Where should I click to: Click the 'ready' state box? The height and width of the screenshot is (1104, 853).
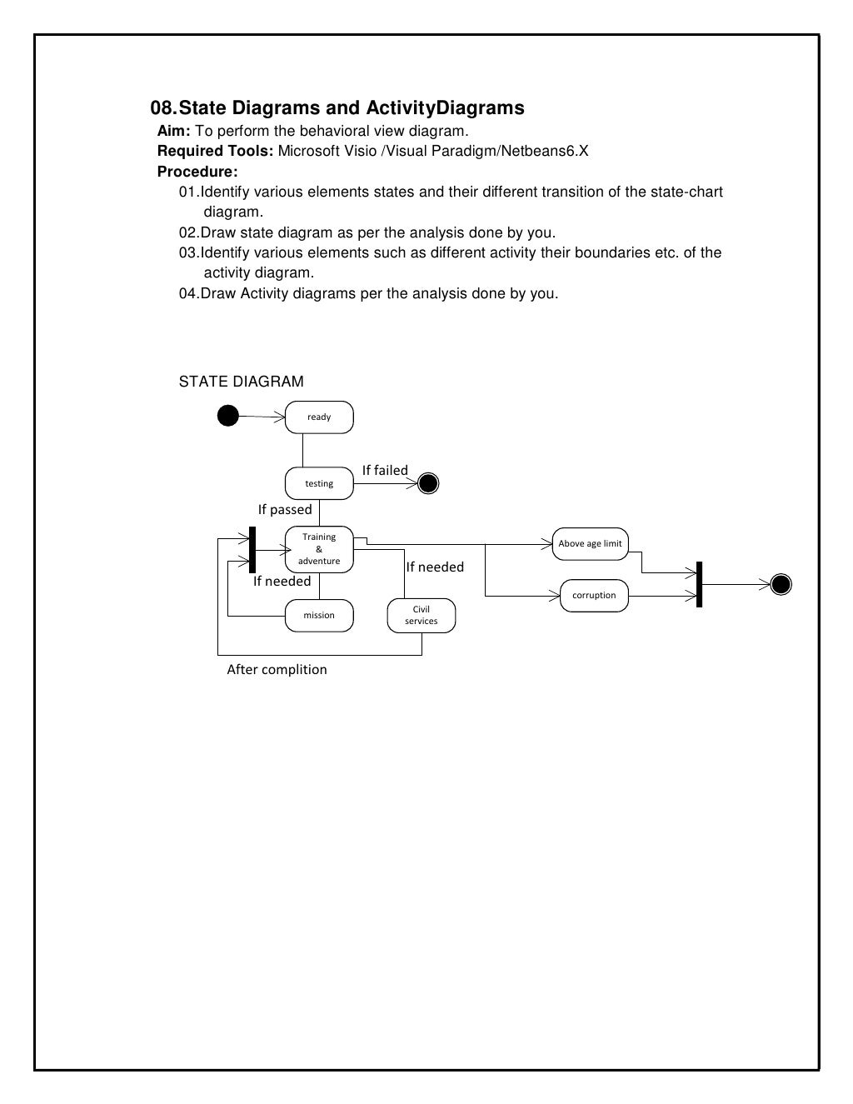point(319,417)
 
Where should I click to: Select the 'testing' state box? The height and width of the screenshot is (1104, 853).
point(319,483)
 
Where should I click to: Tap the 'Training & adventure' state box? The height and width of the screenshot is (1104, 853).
point(319,549)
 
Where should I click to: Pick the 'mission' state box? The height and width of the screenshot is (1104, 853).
point(319,616)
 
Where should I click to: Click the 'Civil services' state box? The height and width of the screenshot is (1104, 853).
point(422,616)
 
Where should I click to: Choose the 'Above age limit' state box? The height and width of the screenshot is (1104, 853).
point(590,544)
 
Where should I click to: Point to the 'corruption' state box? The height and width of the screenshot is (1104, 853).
point(594,596)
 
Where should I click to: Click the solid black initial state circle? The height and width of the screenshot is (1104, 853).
point(228,415)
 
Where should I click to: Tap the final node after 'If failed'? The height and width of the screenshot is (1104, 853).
point(428,483)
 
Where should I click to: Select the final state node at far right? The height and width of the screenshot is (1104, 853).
point(781,585)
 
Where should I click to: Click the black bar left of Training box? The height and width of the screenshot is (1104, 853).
point(252,550)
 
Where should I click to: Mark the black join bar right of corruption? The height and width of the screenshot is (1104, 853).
point(699,584)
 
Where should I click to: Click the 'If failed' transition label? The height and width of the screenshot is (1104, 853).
point(385,471)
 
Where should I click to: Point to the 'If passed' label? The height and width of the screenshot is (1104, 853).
point(285,510)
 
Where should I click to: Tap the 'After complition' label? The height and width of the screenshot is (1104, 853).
point(277,670)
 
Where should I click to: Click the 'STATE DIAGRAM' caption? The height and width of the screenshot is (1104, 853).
point(242,382)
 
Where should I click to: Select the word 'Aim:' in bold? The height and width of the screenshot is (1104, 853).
point(174,132)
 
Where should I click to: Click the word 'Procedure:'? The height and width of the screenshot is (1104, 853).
point(197,172)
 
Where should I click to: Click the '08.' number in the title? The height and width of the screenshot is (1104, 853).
point(163,108)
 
